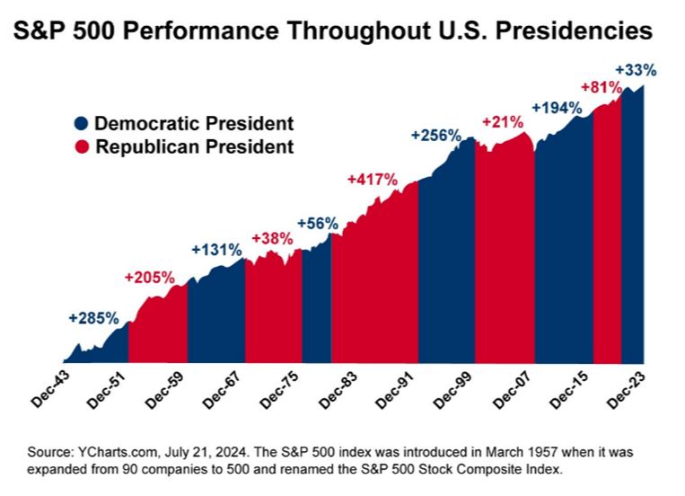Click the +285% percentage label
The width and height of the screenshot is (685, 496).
[93, 317]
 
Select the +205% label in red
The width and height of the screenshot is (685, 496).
[150, 278]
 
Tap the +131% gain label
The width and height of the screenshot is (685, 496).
[216, 250]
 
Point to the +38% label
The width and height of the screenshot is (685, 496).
[272, 238]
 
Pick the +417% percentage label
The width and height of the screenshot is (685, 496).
[372, 179]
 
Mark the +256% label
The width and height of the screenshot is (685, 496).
[435, 135]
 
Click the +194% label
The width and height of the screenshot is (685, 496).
[558, 107]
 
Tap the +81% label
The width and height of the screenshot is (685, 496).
[602, 86]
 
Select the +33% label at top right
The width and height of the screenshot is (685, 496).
[636, 68]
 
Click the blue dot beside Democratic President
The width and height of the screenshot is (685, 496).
[81, 124]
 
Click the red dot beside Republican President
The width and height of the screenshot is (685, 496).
[81, 146]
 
